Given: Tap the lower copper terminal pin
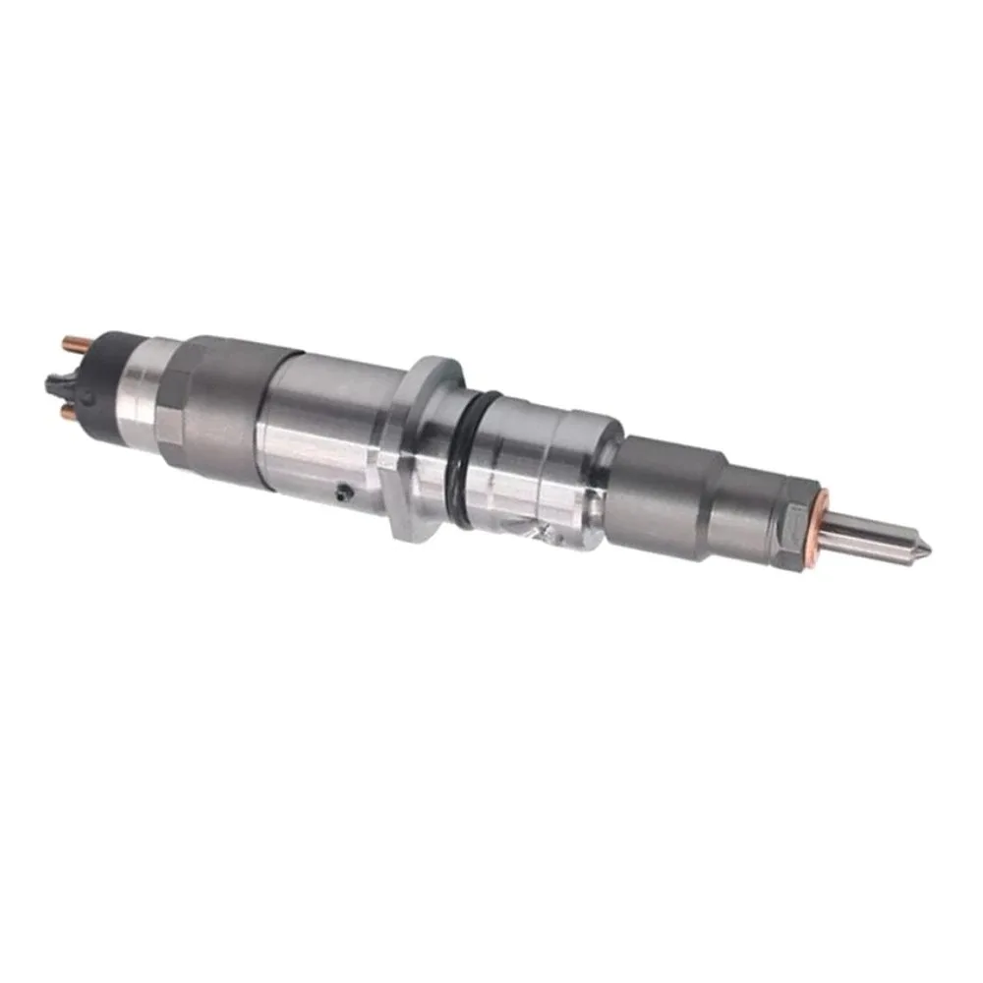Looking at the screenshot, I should pyautogui.click(x=69, y=415).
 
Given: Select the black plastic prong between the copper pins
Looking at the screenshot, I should pyautogui.click(x=55, y=379).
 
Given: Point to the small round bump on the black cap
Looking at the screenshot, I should pyautogui.click(x=93, y=393).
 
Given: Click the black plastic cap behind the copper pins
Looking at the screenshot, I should pyautogui.click(x=113, y=378).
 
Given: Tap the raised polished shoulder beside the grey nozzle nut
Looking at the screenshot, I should pyautogui.click(x=590, y=472).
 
